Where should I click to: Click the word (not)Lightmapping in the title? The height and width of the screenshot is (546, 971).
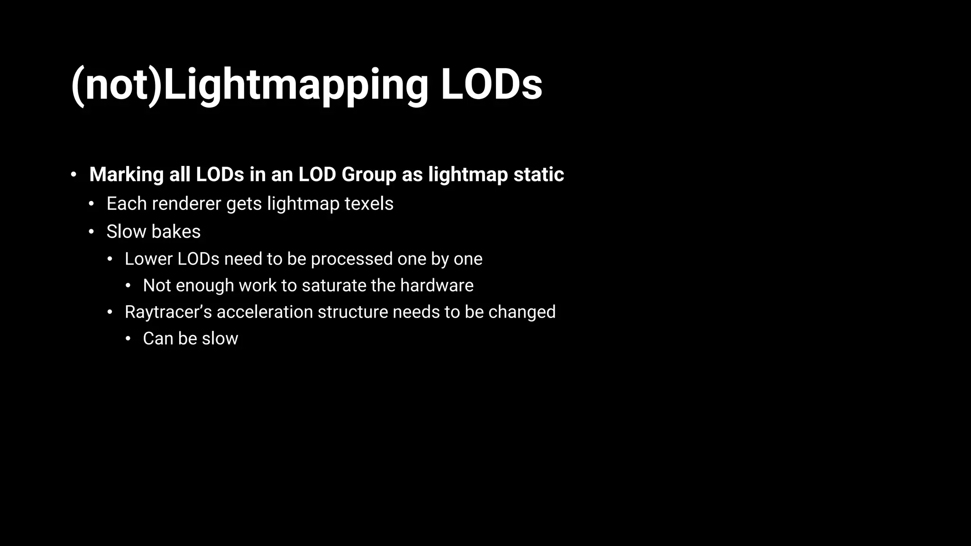click(249, 85)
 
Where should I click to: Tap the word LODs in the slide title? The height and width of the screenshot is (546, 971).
click(491, 85)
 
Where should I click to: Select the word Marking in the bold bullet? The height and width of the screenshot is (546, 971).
click(127, 174)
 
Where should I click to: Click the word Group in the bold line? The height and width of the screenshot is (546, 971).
click(368, 174)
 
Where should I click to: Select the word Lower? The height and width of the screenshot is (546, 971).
click(148, 259)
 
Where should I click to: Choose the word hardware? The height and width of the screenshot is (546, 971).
click(437, 286)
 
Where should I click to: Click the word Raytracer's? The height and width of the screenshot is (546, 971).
click(168, 312)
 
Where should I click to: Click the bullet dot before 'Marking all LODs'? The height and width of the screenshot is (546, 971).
click(73, 175)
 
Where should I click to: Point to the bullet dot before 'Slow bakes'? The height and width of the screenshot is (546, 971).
click(92, 232)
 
